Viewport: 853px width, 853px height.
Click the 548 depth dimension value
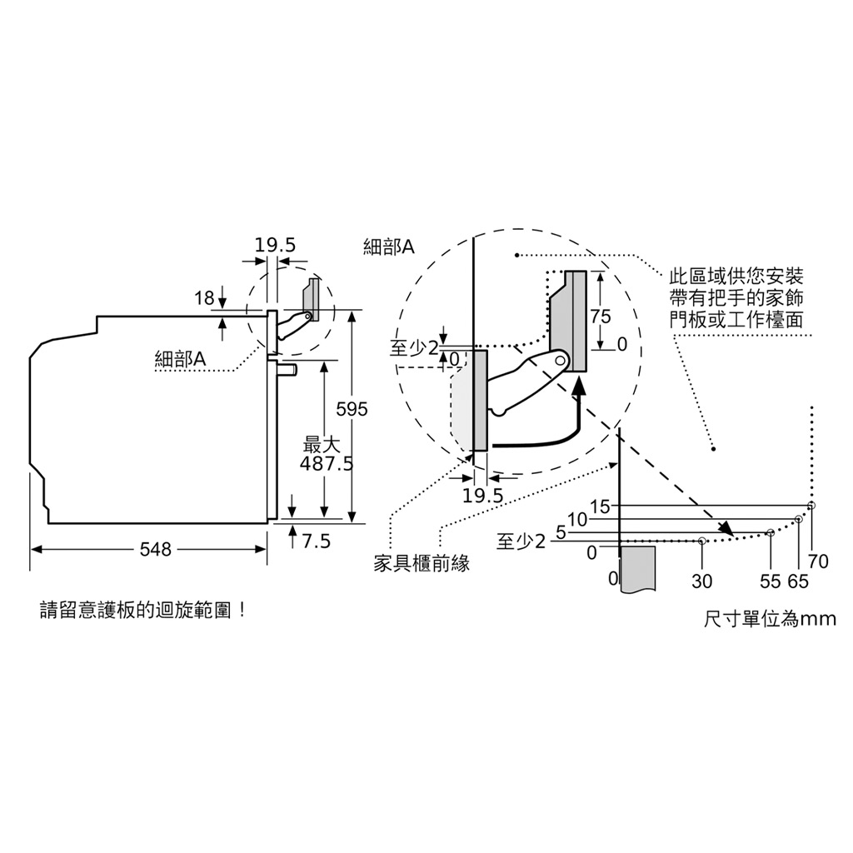[156, 550]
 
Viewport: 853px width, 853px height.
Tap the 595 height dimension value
[352, 409]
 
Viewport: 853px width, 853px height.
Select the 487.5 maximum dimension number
[327, 464]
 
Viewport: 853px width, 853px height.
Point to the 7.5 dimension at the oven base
[316, 541]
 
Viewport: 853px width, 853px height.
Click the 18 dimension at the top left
[205, 298]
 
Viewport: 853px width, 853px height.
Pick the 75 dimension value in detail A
[601, 316]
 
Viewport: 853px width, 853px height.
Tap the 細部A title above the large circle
[388, 247]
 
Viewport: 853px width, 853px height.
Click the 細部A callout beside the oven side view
[181, 359]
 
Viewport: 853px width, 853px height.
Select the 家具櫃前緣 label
[422, 564]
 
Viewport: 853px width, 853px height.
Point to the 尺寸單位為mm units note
[770, 619]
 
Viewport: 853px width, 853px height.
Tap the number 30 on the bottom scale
[701, 581]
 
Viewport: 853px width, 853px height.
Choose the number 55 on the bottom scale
[771, 581]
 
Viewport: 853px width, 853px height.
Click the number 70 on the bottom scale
[818, 561]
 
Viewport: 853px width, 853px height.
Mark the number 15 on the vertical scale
[600, 507]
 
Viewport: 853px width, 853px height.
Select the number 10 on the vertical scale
[578, 520]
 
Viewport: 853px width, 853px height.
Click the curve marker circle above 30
[701, 541]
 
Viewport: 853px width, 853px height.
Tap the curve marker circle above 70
[811, 506]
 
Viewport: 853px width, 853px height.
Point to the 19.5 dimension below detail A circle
[483, 496]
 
